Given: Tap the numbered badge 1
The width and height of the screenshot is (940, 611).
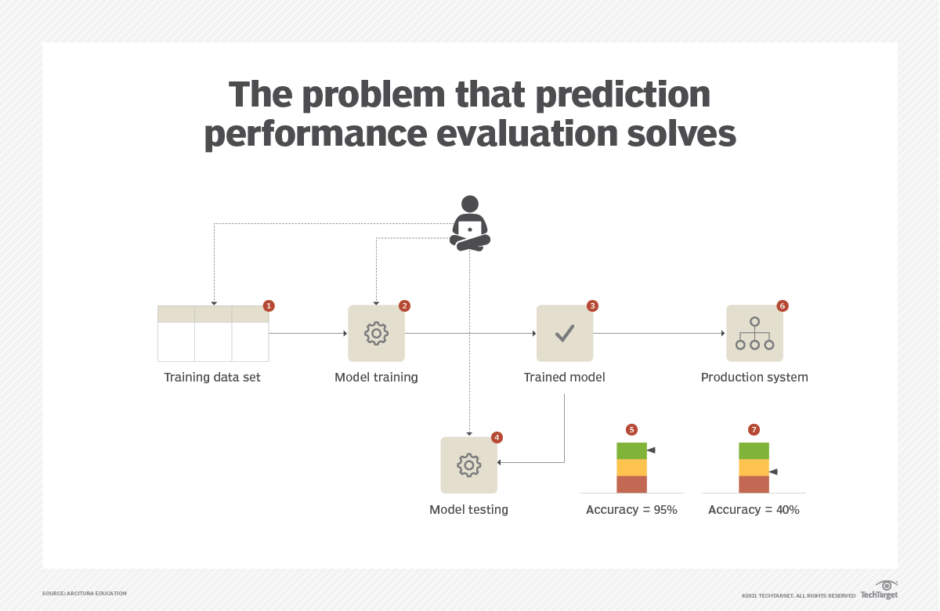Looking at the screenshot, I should (269, 305).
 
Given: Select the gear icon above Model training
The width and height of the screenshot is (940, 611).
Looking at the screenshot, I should (377, 333).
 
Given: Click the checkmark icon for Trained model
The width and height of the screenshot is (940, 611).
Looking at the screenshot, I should (565, 333).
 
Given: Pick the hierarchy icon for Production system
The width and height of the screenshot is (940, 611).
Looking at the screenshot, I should (754, 333).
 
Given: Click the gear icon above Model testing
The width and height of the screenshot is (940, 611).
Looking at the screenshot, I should (468, 465).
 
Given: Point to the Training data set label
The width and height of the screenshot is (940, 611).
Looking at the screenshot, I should (212, 378).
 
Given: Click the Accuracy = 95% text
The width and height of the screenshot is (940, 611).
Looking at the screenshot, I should (631, 510).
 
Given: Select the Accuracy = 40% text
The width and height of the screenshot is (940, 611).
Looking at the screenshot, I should (754, 510).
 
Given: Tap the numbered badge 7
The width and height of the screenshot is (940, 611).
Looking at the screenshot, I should (754, 430).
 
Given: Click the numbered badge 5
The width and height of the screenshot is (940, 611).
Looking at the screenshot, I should (631, 430).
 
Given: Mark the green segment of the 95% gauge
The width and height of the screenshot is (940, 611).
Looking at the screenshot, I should (631, 450).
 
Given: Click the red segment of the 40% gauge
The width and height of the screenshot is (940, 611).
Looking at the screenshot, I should (754, 484).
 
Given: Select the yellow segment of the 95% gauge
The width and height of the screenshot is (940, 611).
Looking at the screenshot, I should (631, 468).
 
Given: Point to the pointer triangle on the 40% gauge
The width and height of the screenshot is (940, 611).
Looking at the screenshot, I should (773, 472).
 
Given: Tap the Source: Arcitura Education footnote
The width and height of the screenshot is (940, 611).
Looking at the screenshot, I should (85, 594).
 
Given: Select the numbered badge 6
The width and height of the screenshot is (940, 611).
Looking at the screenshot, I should (782, 305).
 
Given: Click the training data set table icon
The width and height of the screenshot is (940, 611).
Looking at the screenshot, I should (213, 333).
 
